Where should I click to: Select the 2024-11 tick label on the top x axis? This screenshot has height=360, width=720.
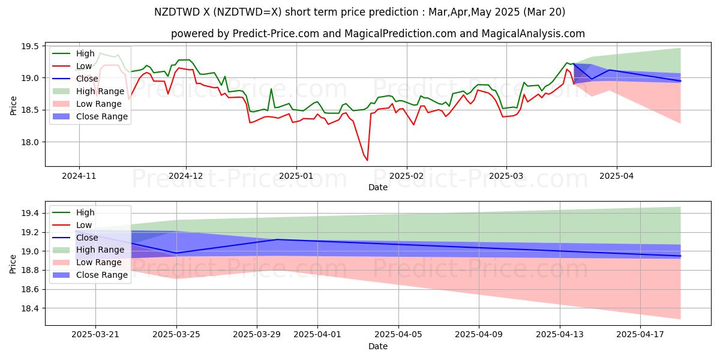[x=79, y=176]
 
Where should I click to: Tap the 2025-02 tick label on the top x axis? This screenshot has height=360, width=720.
[x=407, y=176]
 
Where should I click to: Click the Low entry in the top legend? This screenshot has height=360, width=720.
[x=84, y=65]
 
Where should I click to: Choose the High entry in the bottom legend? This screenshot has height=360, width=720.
[x=85, y=212]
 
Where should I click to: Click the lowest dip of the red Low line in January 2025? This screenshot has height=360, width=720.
[x=367, y=160]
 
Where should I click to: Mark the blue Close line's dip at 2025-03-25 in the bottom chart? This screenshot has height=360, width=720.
[x=176, y=253]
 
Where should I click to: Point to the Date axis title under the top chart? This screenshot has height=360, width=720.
[x=378, y=187]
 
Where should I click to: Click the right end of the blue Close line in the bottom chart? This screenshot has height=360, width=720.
[x=680, y=256]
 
